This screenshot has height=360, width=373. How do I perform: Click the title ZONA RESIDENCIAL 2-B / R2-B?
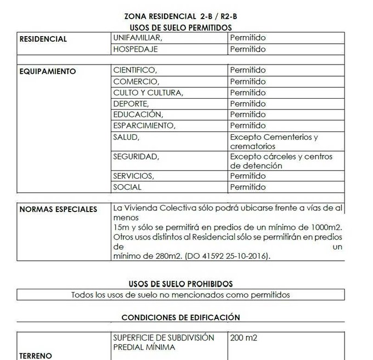tap(180, 17)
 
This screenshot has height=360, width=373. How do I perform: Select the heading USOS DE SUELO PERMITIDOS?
tap(180, 27)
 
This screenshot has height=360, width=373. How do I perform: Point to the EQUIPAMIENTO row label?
tap(48, 71)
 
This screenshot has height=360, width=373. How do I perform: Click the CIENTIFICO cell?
tap(135, 70)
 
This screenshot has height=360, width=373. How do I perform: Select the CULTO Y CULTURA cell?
tap(148, 92)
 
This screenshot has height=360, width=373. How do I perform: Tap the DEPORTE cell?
tap(131, 104)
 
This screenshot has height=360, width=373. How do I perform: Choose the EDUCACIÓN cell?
tap(138, 115)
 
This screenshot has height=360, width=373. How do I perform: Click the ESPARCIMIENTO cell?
tap(144, 125)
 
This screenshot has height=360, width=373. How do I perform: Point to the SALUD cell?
tap(126, 136)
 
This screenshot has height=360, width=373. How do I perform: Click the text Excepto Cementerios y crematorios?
tap(274, 142)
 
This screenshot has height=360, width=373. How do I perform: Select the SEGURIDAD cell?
tap(135, 156)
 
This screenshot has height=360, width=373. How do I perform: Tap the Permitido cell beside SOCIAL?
tap(247, 187)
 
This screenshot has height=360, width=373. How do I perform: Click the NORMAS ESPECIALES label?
tap(58, 209)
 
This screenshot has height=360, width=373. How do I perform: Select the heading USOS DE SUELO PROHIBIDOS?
tap(180, 284)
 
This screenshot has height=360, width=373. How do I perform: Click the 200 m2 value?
tap(244, 338)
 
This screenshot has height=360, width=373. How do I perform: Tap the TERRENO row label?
tap(36, 356)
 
